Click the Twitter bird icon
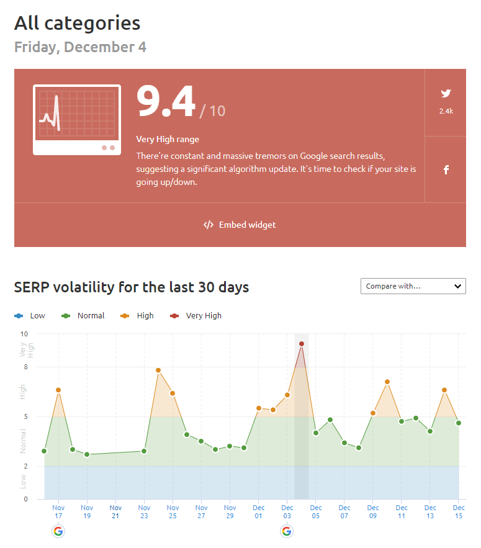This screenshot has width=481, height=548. coord(446,94)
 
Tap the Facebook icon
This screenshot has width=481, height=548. coord(446,169)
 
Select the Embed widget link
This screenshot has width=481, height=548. coord(240,225)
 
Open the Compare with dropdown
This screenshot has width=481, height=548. coord(413,286)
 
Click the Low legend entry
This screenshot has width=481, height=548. coord(30,315)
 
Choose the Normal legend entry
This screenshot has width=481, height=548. coord(84,315)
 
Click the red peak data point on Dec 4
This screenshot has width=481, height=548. coord(302,343)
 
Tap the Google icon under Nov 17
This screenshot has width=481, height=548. coord(58,531)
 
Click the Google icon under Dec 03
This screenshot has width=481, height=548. coord(287,531)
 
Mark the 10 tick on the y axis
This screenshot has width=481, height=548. coord(24,334)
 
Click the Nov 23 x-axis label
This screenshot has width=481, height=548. coord(144,511)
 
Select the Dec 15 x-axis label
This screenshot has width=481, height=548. coord(458,511)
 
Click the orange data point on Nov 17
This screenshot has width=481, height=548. coord(58,390)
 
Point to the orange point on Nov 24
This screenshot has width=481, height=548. coord(158,371)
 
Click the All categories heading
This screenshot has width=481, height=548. coord(78,24)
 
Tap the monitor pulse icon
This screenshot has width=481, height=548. coord(76,119)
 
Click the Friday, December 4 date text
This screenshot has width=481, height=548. coord(80,47)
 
